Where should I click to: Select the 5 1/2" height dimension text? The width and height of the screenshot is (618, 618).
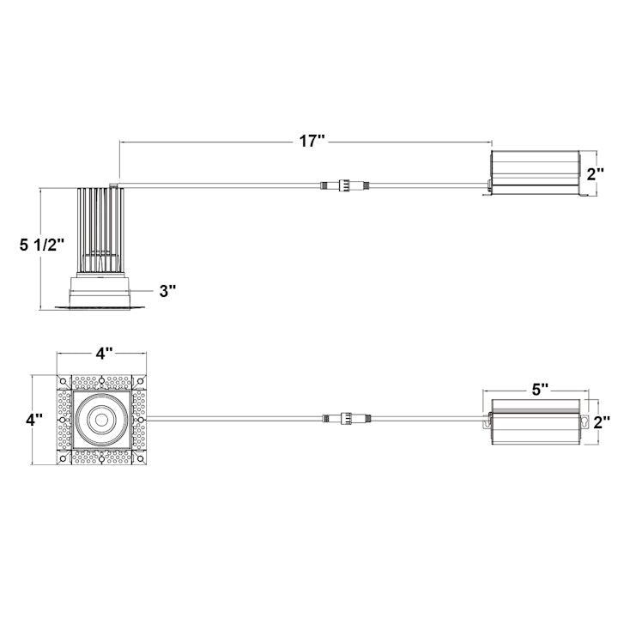point(43,245)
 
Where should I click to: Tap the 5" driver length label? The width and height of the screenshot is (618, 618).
point(540,389)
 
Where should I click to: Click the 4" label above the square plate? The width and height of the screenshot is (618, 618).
point(104,354)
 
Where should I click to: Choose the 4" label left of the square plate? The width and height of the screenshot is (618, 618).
point(33,421)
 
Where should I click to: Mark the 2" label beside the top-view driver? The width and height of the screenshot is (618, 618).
point(603,421)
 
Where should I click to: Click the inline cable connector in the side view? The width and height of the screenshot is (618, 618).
point(343,184)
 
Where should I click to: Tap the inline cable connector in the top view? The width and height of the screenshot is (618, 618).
point(343,419)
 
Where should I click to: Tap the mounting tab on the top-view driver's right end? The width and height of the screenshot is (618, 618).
point(587,421)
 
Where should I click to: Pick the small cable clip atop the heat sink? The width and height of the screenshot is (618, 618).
point(114,183)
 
